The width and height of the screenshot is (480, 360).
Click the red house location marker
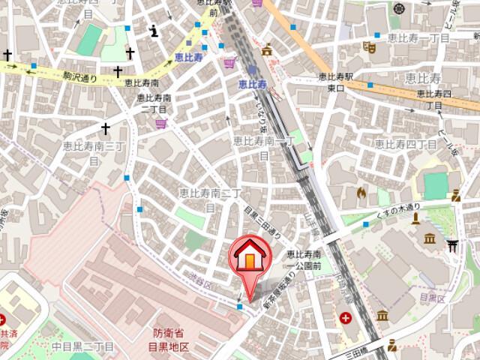[250, 257]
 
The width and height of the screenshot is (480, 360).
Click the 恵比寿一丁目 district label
[418, 37]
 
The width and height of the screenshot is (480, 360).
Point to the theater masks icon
[368, 46]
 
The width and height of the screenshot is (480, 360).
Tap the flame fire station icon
[361, 193]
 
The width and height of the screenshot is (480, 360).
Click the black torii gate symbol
[452, 245]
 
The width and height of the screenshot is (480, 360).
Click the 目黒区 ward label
[432, 298]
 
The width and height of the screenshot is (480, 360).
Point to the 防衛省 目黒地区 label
[166, 340]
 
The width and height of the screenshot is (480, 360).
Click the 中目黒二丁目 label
[82, 346]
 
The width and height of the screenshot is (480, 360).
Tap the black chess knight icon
[154, 31]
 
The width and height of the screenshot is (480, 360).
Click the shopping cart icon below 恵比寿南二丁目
[160, 124]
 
